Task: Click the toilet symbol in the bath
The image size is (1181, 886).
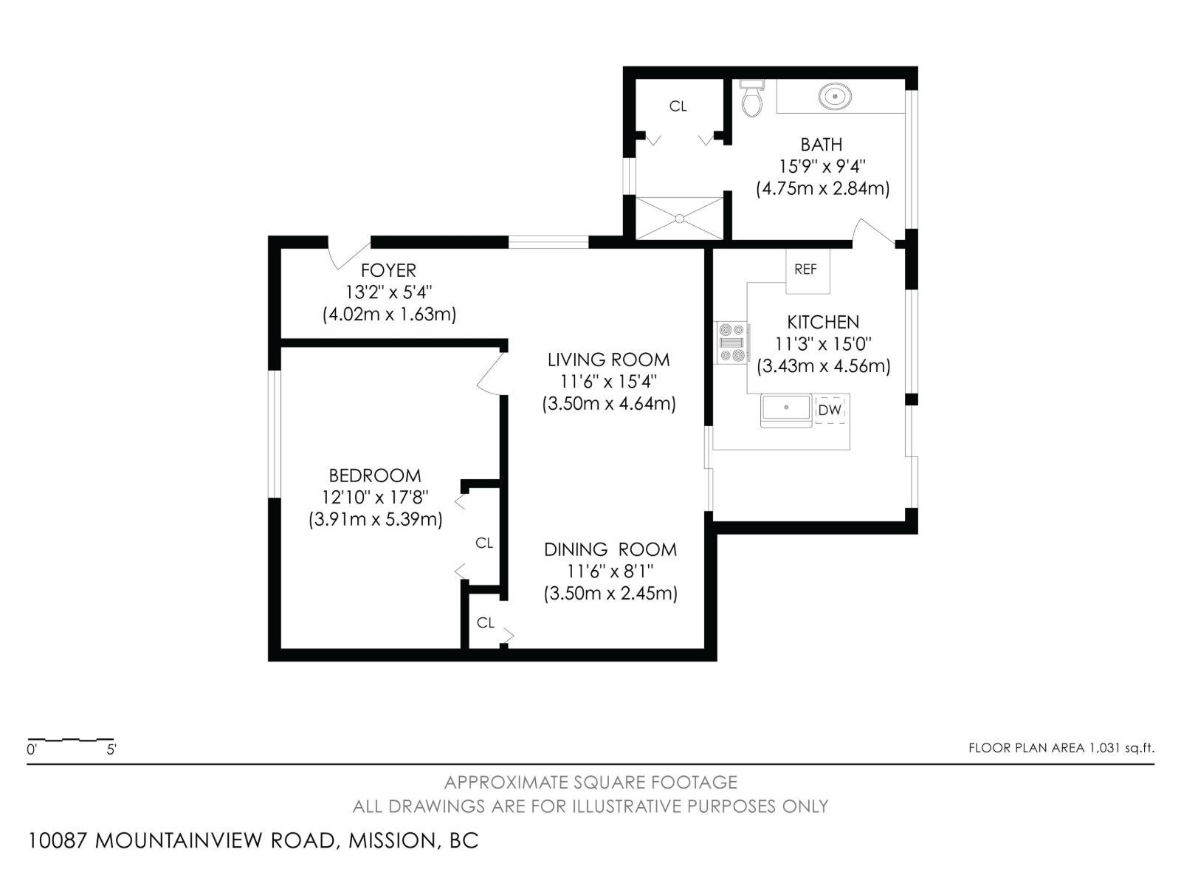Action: [x=751, y=100]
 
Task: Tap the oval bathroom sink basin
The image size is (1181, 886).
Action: [x=835, y=96]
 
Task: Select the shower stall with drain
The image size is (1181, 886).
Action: [x=679, y=218]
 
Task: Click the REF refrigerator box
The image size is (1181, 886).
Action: [x=806, y=269]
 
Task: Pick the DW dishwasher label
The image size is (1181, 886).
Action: [x=830, y=410]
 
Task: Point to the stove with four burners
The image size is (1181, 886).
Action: [x=731, y=343]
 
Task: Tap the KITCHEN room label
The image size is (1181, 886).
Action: [x=823, y=322]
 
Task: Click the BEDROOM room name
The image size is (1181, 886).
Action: [x=375, y=475]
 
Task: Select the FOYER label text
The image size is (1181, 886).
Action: [x=388, y=270]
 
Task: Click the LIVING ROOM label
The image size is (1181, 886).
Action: [x=608, y=360]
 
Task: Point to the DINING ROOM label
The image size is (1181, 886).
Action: [x=610, y=549]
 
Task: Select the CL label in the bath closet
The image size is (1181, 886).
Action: [x=678, y=106]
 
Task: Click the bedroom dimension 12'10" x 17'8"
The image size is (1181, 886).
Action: [x=375, y=497]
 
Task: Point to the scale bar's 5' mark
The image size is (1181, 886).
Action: [x=111, y=749]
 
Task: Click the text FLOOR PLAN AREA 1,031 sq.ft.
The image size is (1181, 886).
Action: [x=1061, y=748]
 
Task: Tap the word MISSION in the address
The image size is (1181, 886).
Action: [x=392, y=841]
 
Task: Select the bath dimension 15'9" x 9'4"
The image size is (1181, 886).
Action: [x=822, y=166]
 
